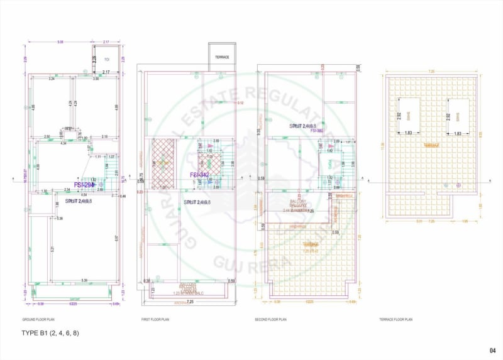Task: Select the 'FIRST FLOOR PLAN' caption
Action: pos(155,320)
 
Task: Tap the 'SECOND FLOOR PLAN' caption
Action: pos(272,320)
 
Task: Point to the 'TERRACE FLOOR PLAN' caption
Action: pos(396,320)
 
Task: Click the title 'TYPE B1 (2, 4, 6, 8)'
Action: pos(50,332)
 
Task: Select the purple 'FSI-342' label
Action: pos(199,175)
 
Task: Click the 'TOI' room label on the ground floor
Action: pos(107,59)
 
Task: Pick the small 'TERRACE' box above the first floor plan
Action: pos(222,57)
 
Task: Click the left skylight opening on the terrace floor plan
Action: pos(408,117)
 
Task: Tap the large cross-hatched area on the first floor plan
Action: pos(163,163)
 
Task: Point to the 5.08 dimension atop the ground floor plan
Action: pos(60,42)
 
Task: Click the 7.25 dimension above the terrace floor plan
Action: pos(431,72)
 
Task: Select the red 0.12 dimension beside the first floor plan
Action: pos(240,103)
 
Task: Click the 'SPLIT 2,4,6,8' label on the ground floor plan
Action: pos(79,201)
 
